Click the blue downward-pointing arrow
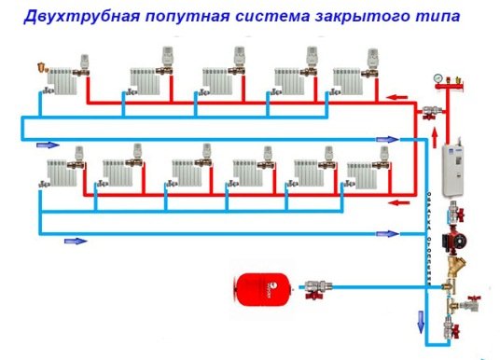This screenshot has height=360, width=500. (x=419, y=322)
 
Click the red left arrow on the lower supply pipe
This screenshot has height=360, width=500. (x=399, y=201)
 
